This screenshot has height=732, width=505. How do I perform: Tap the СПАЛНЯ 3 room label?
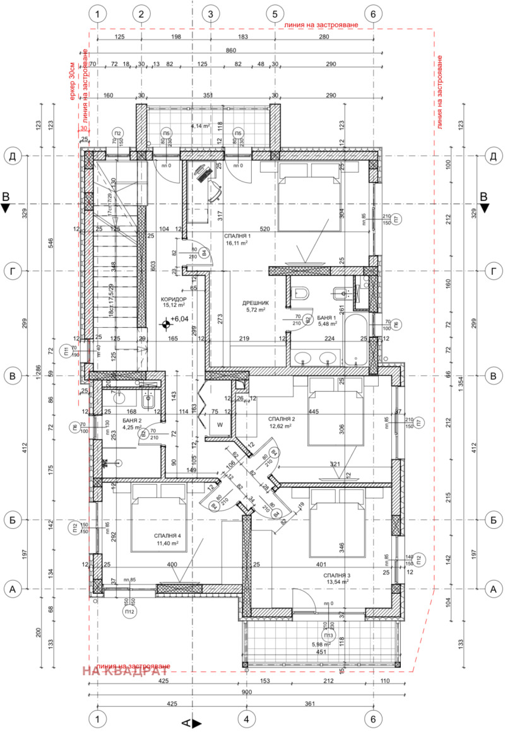[x=338, y=576]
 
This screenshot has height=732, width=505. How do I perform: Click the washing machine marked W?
[x=220, y=424]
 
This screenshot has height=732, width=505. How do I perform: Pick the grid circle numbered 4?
[x=246, y=718]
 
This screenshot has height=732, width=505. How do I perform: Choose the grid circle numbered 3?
[x=211, y=13]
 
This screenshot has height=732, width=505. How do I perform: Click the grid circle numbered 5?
[x=275, y=13]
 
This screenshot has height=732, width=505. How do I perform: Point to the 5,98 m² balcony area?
[x=322, y=644]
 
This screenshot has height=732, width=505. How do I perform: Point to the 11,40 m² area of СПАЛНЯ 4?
[x=167, y=542]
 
